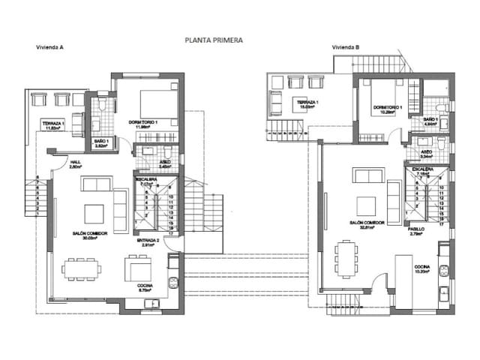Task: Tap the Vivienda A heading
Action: point(49,47)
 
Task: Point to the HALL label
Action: point(76,161)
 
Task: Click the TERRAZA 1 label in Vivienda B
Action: point(307,102)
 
